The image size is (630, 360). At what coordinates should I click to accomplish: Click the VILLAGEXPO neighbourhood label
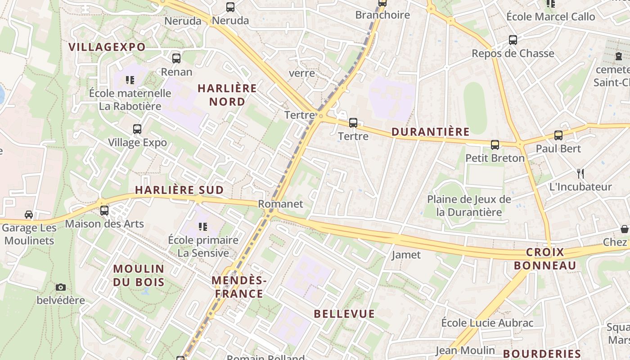[x=107, y=47]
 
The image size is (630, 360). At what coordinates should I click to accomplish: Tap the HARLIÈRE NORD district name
[x=227, y=95]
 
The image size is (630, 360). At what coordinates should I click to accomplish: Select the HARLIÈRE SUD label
[x=180, y=190]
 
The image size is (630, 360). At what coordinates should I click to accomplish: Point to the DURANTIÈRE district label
[x=431, y=132]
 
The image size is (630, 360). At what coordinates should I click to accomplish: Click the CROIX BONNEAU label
[x=545, y=259]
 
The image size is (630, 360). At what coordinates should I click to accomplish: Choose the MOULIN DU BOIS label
[x=139, y=275]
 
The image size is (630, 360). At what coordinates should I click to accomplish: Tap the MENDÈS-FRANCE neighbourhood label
[x=239, y=287]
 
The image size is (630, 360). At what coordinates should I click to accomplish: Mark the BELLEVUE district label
[x=344, y=314]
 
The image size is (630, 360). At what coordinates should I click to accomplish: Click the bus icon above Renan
[x=176, y=58]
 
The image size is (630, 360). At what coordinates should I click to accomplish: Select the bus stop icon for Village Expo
[x=137, y=129]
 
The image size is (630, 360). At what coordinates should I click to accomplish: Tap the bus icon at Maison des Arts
[x=104, y=210]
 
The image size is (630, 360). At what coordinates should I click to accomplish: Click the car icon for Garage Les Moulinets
[x=29, y=214]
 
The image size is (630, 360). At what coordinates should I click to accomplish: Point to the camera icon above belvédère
[x=61, y=287]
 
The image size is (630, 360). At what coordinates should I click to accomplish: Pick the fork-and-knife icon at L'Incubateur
[x=580, y=173]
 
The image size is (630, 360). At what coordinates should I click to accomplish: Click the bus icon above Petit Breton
[x=495, y=144]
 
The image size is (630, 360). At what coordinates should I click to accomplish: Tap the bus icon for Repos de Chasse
[x=513, y=40]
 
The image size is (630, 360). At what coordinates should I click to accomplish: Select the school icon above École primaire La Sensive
[x=203, y=226]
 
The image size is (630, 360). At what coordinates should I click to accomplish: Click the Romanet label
[x=280, y=204]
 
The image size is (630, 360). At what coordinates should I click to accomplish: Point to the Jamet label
[x=406, y=255]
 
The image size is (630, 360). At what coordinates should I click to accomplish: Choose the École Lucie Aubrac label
[x=487, y=323]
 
